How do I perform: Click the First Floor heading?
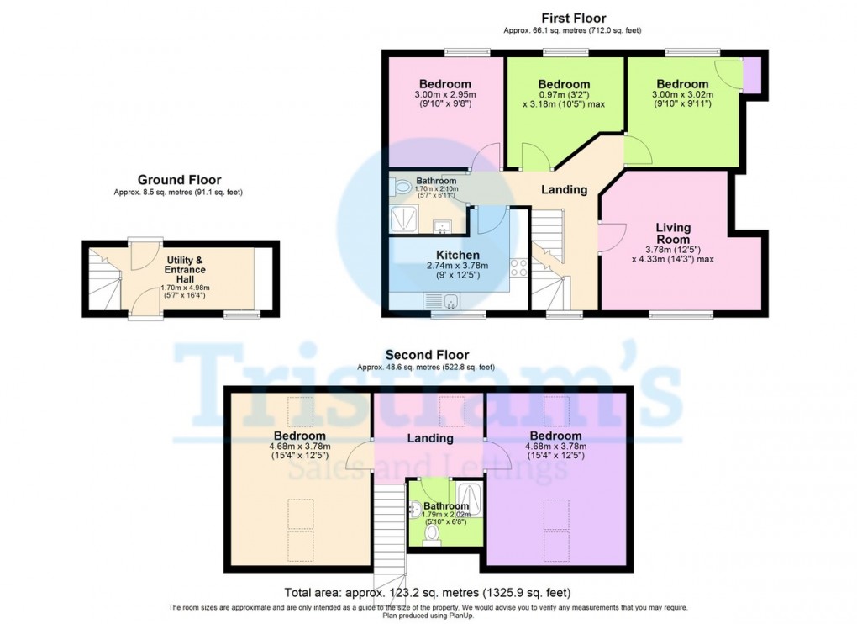[573, 18]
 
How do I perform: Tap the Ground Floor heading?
[179, 180]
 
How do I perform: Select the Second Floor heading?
[427, 356]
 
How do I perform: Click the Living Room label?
[673, 234]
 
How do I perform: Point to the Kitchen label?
[457, 255]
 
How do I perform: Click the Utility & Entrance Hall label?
[185, 270]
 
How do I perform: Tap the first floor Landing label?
[564, 190]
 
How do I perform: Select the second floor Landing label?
[430, 438]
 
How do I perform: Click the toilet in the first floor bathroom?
[402, 187]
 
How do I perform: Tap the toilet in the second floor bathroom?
[432, 534]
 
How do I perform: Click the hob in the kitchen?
[518, 268]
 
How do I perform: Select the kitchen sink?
[443, 300]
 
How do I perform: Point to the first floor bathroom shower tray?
[405, 219]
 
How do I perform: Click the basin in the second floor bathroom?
[415, 509]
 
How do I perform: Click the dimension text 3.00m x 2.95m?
[445, 94]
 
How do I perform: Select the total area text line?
[428, 592]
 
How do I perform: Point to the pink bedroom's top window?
[467, 52]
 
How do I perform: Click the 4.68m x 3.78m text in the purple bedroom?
[556, 447]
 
